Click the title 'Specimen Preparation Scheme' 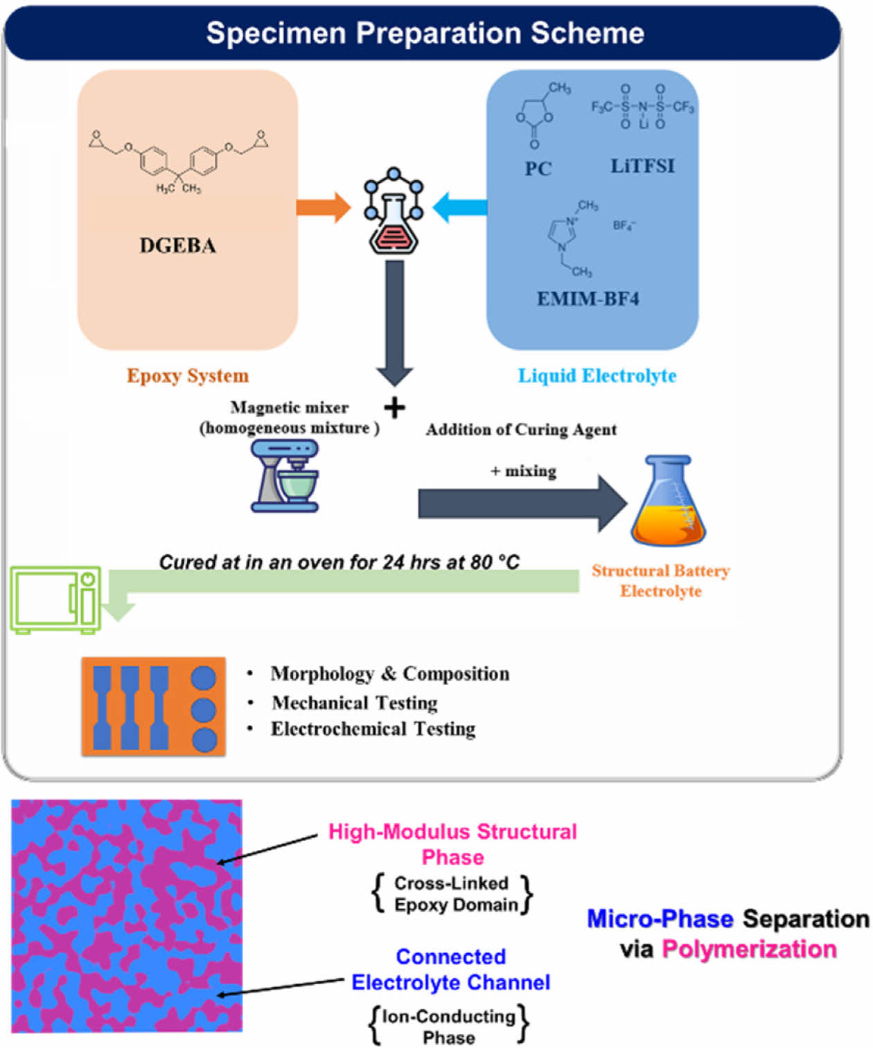tap(425, 33)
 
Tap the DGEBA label tap(177, 246)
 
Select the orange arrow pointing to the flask tap(323, 207)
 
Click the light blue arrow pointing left tap(459, 207)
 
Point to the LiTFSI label tap(642, 166)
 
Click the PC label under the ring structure tap(538, 168)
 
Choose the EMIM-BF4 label tap(588, 299)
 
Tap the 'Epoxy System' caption tap(187, 375)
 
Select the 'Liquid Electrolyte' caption tap(597, 375)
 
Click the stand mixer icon tap(285, 477)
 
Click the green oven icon tap(55, 600)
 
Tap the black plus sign tap(394, 408)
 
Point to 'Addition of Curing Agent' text tap(521, 429)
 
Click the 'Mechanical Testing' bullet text tap(355, 703)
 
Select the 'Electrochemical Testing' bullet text tap(373, 729)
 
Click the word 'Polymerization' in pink tap(749, 949)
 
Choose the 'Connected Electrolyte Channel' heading tap(450, 969)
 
